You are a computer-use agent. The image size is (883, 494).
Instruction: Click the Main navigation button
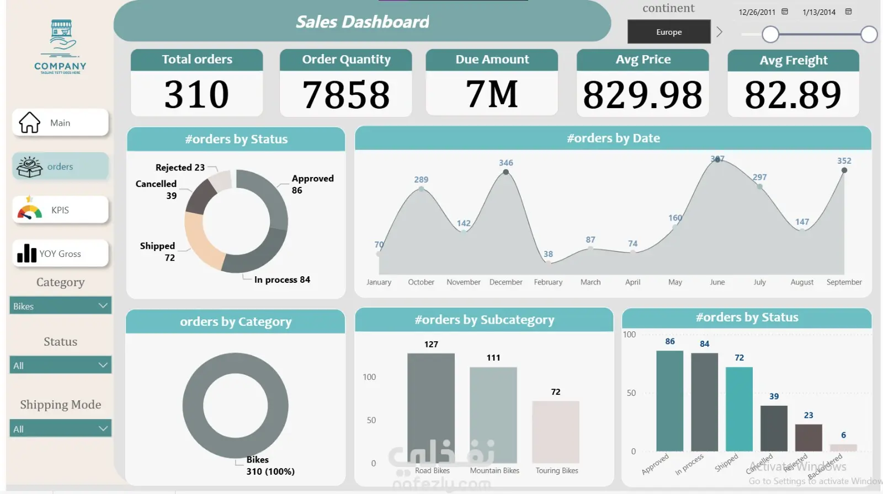(x=60, y=122)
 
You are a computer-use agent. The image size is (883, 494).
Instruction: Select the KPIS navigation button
(x=60, y=210)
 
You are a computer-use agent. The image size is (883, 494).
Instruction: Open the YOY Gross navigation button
(x=60, y=254)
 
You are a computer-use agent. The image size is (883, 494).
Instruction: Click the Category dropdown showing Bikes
(x=60, y=306)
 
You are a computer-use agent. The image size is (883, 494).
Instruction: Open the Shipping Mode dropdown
(x=60, y=429)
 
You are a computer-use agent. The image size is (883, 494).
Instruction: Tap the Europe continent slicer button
(x=669, y=32)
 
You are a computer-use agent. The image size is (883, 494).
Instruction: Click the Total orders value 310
(x=196, y=94)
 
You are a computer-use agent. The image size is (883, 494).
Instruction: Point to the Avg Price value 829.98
(x=642, y=95)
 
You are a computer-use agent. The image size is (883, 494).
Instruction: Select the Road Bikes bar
(x=431, y=408)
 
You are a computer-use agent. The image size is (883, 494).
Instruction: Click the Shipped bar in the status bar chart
(x=739, y=409)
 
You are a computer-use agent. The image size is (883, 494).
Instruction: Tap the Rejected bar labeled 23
(x=808, y=438)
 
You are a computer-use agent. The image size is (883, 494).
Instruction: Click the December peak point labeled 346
(x=506, y=173)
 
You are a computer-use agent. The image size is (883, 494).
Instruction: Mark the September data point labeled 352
(x=844, y=170)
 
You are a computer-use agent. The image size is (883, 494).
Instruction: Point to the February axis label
(x=548, y=282)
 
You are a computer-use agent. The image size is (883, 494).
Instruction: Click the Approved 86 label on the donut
(x=312, y=184)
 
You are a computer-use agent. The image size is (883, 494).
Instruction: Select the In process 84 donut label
(x=282, y=280)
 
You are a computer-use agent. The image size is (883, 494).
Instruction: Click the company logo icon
(x=61, y=39)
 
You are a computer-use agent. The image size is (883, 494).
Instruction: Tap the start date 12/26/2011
(x=757, y=12)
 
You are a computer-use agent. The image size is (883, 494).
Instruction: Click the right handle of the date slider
(x=869, y=34)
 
